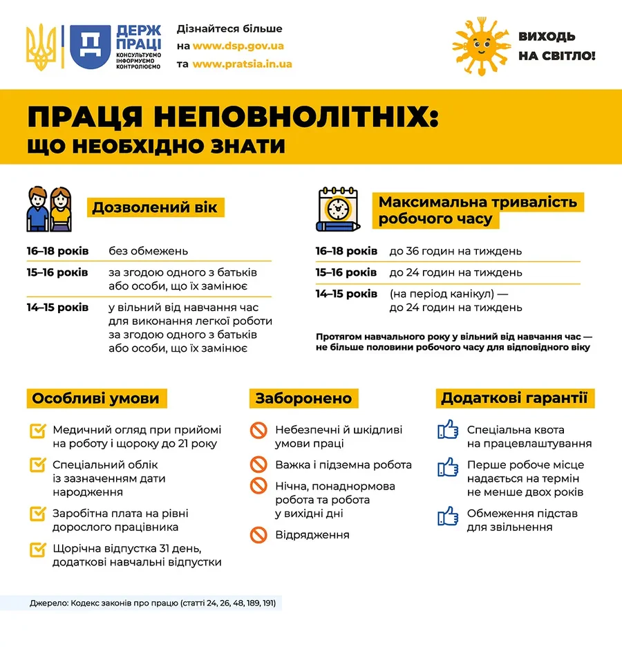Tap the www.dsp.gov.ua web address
tap(238, 46)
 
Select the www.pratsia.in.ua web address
tap(242, 64)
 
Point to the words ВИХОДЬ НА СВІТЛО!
tap(556, 46)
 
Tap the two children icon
tap(50, 209)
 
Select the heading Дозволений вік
tap(155, 207)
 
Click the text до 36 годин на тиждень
tap(455, 251)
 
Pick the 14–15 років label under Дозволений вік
tap(58, 307)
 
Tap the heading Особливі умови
tap(96, 398)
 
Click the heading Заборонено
tap(303, 398)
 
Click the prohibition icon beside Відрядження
tap(258, 534)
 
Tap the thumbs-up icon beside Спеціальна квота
tap(448, 430)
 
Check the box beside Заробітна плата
tap(38, 514)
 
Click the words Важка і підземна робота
tap(343, 465)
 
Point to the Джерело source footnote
tap(152, 603)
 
